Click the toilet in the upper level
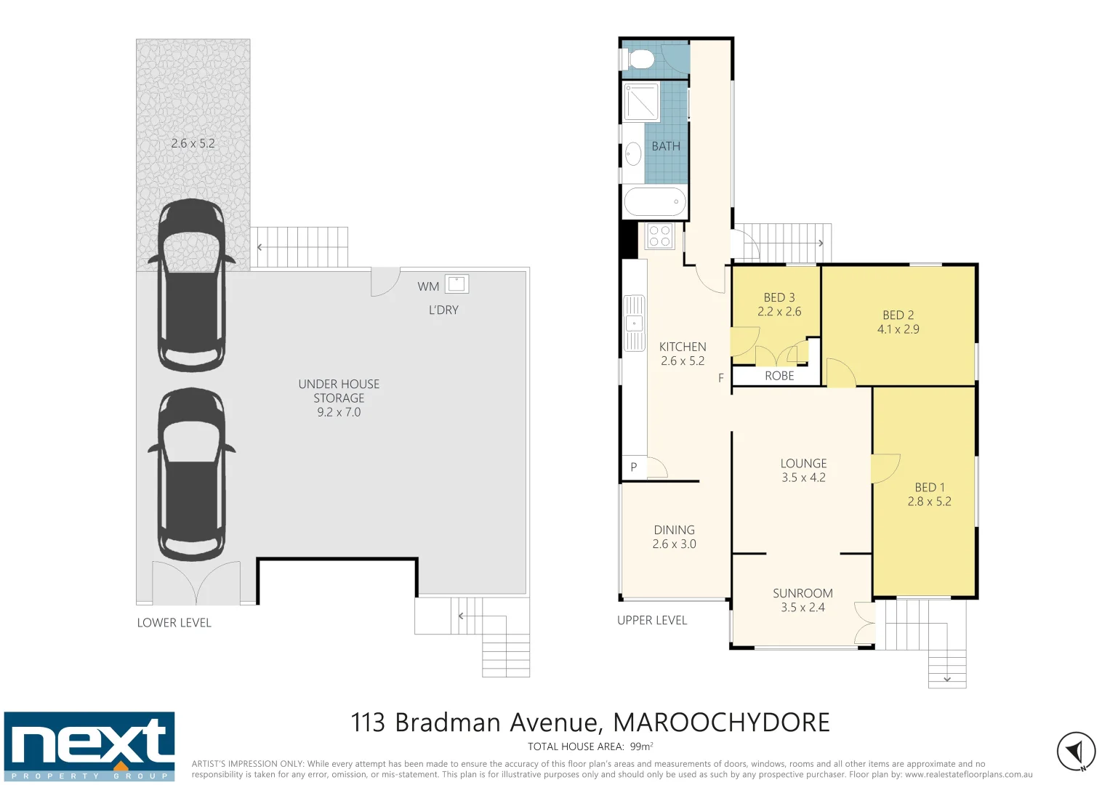tap(639, 59)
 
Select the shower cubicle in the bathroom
tap(641, 102)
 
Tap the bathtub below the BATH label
tap(654, 202)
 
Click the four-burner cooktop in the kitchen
tap(659, 236)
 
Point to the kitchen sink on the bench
tap(634, 323)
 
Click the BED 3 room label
tap(779, 297)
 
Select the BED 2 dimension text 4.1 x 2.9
tap(898, 329)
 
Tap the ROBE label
tap(779, 376)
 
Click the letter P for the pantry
tap(633, 467)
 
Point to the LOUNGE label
tap(803, 463)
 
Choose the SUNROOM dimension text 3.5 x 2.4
tap(803, 608)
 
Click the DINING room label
tap(674, 530)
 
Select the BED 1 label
tap(929, 487)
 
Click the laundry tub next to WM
tap(457, 283)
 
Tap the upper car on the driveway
tap(192, 285)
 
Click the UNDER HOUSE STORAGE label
tap(339, 391)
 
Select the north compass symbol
tap(1076, 751)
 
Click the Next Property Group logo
tap(89, 746)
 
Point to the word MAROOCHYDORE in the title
tap(721, 722)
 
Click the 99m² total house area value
tap(641, 746)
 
